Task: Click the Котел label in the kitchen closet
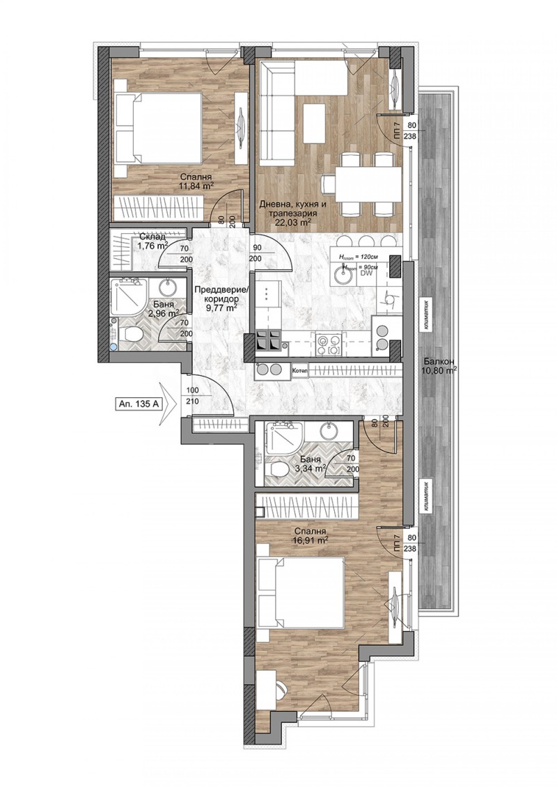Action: pos(300,370)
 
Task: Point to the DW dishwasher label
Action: pos(366,273)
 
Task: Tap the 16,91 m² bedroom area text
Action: pos(311,539)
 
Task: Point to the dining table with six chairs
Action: pos(362,184)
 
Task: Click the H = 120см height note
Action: pos(360,256)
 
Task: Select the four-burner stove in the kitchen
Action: pos(269,341)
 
